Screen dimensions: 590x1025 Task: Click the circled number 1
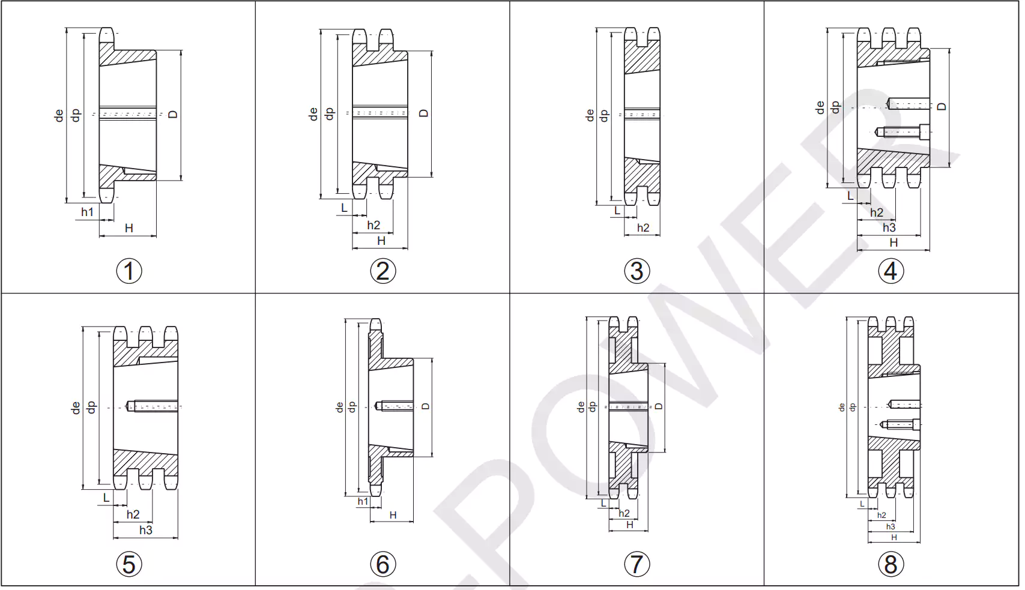pos(129,271)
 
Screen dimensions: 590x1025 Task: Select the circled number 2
pos(383,271)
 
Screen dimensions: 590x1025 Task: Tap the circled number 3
pos(637,271)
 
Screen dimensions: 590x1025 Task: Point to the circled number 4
pos(891,271)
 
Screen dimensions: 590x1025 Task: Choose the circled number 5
pos(129,564)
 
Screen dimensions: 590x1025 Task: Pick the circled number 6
pos(383,564)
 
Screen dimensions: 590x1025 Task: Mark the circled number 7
pos(637,564)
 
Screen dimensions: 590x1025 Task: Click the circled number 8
pos(891,564)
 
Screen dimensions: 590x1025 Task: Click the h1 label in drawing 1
pos(88,212)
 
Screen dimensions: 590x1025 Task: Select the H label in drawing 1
pos(129,228)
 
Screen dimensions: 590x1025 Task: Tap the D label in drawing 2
pos(424,113)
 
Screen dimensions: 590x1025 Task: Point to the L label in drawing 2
pos(344,208)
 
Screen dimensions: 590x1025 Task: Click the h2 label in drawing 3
pos(643,227)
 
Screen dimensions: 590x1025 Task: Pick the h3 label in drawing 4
pos(889,227)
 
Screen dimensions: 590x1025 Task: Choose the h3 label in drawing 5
pos(146,530)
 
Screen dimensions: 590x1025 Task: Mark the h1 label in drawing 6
pos(363,501)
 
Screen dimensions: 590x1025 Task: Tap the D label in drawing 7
pos(659,406)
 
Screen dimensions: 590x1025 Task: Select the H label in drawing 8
pos(894,537)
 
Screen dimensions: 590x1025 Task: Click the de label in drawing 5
pos(76,408)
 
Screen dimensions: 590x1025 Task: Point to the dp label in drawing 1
pos(76,115)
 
